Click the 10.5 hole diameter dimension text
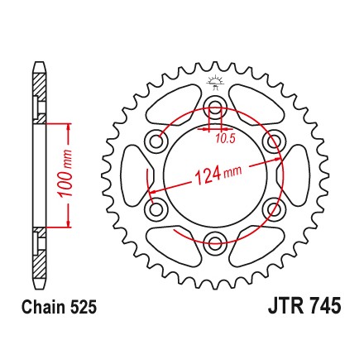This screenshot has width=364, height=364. pos(225,138)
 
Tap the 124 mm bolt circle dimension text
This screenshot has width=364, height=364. pos(218,175)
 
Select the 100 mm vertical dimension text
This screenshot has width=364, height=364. pos(65,174)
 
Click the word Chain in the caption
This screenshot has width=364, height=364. pos(44,307)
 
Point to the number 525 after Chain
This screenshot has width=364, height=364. pos(84,307)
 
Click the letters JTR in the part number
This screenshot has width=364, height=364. pos(285,305)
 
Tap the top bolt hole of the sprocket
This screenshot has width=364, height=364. pos(215,107)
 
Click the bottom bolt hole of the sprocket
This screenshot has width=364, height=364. pos(215,242)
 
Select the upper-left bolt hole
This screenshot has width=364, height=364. pos(156,141)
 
